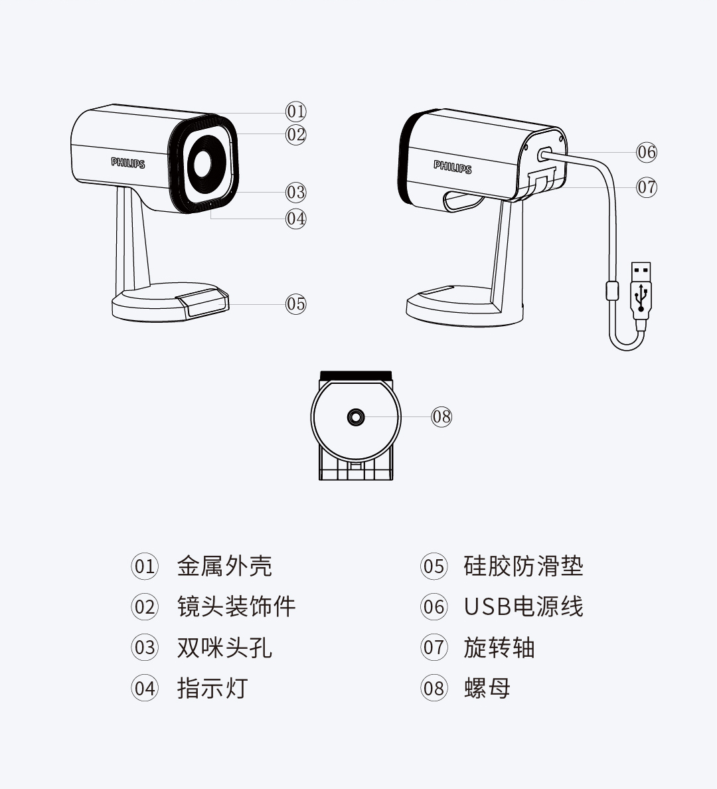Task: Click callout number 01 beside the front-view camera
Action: tap(296, 112)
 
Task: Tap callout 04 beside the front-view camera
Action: tap(296, 219)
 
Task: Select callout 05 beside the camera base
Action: tap(296, 304)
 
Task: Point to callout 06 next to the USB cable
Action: tap(647, 152)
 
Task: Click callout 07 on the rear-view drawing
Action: tap(647, 187)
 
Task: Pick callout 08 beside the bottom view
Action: tap(441, 417)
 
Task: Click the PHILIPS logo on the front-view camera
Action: tap(128, 163)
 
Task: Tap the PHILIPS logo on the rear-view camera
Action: tap(453, 167)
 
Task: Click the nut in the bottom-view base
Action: tap(356, 417)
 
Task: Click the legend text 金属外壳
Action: tap(224, 567)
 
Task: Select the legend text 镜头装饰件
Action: tap(236, 607)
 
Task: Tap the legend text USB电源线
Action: tap(523, 607)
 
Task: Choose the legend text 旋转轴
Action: tap(499, 648)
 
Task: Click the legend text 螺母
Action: tap(487, 688)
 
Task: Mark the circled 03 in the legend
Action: tap(145, 648)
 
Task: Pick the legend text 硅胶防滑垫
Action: tap(523, 567)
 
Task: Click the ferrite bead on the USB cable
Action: tap(612, 290)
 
